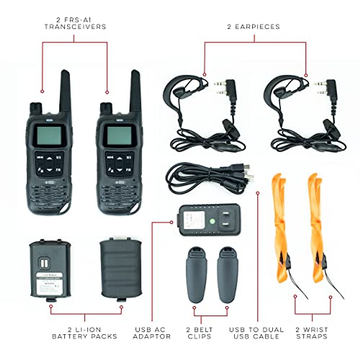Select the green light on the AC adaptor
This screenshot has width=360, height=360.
click(212, 222)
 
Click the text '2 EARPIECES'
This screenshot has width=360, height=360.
click(253, 27)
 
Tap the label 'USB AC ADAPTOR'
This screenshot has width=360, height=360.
click(151, 333)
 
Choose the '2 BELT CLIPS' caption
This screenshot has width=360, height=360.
click(199, 333)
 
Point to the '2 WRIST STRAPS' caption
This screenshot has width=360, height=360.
click(312, 333)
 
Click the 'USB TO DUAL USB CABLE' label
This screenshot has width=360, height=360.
click(256, 333)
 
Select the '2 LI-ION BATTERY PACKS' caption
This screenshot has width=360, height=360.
click(85, 333)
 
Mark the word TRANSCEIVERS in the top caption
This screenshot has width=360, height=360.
click(75, 27)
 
